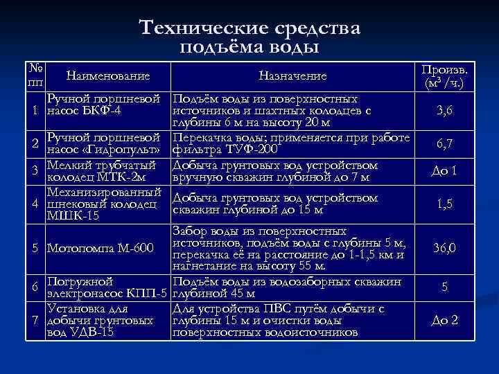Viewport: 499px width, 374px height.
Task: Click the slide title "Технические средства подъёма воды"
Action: [249, 37]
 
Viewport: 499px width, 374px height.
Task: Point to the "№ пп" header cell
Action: [35, 75]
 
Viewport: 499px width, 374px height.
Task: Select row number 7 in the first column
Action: [34, 321]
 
